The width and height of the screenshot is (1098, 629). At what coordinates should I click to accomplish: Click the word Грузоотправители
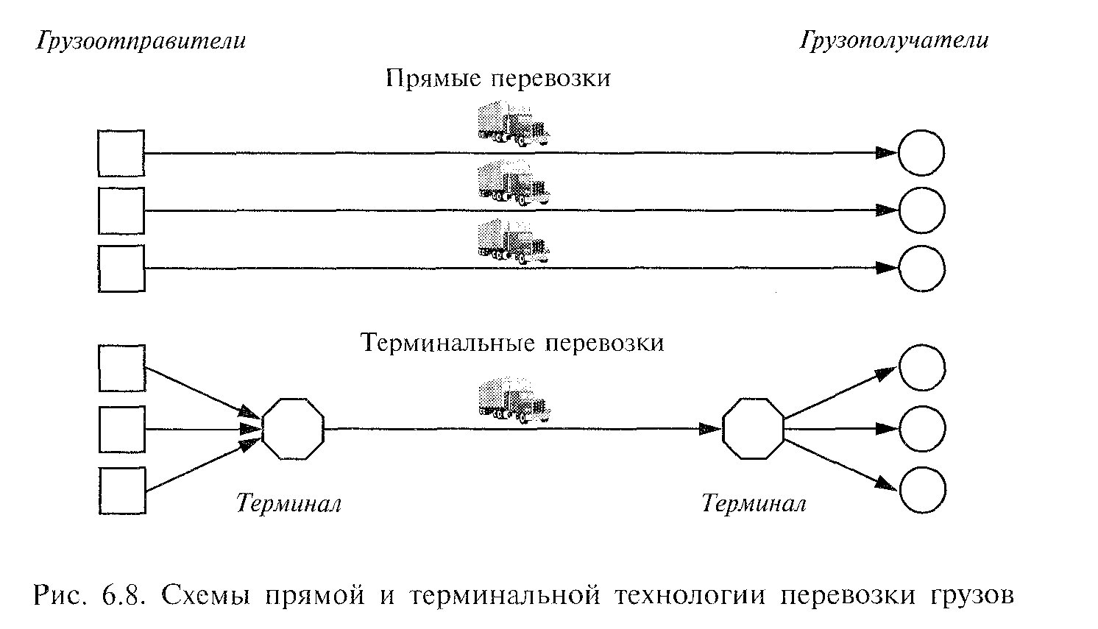[x=141, y=41]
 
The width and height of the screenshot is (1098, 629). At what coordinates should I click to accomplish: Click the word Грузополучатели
[x=894, y=40]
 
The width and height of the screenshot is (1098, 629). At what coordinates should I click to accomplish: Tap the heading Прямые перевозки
[x=498, y=79]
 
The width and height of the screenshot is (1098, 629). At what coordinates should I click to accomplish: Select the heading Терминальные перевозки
[x=513, y=344]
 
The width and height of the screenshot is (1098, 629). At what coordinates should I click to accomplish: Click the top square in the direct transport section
[x=121, y=153]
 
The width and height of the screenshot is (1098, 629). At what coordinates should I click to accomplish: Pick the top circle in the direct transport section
[x=921, y=153]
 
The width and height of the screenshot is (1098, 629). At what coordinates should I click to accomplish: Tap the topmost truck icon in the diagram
[x=513, y=121]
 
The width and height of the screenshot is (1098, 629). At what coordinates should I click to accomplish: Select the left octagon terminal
[x=292, y=429]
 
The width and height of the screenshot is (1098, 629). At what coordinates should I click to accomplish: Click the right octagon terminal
[x=753, y=429]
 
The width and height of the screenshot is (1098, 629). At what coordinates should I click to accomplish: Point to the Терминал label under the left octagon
[x=288, y=504]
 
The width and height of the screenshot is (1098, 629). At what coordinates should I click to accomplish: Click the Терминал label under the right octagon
[x=754, y=504]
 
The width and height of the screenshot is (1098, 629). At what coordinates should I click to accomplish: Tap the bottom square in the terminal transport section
[x=121, y=490]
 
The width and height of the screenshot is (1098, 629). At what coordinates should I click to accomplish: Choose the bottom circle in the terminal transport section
[x=921, y=490]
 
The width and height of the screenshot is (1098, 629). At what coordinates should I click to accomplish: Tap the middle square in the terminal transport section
[x=121, y=429]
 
